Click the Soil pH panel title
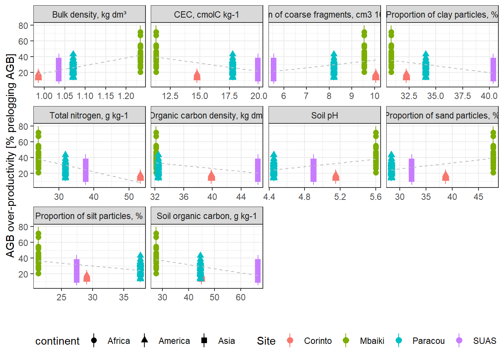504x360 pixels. pyautogui.click(x=324, y=115)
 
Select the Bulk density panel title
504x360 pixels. pyautogui.click(x=89, y=15)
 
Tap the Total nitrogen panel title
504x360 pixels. pyautogui.click(x=89, y=115)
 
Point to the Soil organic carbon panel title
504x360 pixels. pyautogui.click(x=207, y=216)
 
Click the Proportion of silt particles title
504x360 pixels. pyautogui.click(x=89, y=216)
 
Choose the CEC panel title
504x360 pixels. pyautogui.click(x=207, y=15)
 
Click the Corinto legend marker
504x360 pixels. pyautogui.click(x=290, y=340)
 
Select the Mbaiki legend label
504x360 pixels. pyautogui.click(x=372, y=341)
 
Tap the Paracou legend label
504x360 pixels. pyautogui.click(x=428, y=341)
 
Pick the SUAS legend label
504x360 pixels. pyautogui.click(x=484, y=341)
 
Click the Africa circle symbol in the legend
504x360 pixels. pyautogui.click(x=94, y=340)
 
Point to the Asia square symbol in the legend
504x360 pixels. pyautogui.click(x=204, y=340)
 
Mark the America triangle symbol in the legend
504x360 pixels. pyautogui.click(x=144, y=340)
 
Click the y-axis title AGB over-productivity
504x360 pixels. pyautogui.click(x=10, y=156)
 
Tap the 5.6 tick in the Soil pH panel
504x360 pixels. pyautogui.click(x=375, y=197)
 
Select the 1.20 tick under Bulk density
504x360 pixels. pyautogui.click(x=126, y=96)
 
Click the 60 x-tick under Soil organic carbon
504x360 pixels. pyautogui.click(x=240, y=297)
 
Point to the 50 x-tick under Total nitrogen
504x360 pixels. pyautogui.click(x=129, y=197)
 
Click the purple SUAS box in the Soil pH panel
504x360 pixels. pyautogui.click(x=313, y=170)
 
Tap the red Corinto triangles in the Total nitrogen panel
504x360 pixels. pyautogui.click(x=140, y=176)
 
